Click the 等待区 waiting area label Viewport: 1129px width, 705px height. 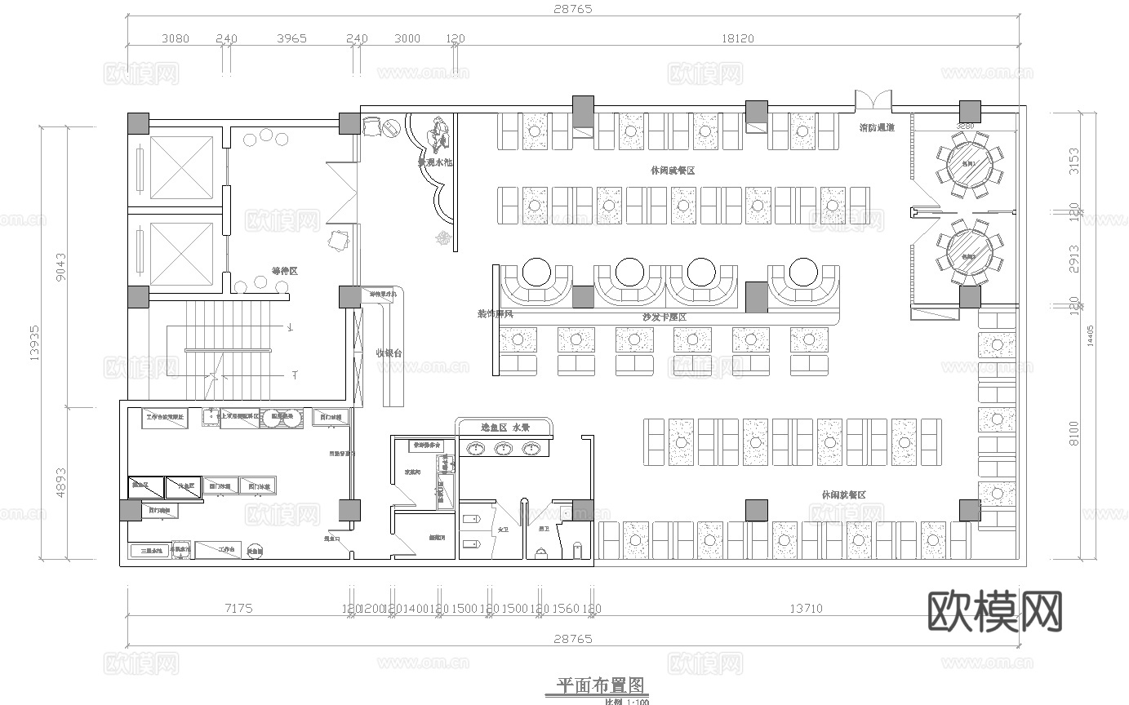(x=284, y=270)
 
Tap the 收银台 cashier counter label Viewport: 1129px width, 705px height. (x=389, y=352)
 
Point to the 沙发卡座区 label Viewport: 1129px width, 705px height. (x=665, y=317)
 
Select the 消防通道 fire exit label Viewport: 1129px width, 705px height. (x=877, y=128)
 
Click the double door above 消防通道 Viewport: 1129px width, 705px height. (x=873, y=101)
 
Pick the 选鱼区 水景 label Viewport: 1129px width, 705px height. (x=505, y=428)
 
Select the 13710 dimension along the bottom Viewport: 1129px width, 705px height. (x=805, y=608)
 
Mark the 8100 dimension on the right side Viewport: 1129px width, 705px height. (x=1074, y=432)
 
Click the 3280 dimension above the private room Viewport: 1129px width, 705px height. (x=965, y=126)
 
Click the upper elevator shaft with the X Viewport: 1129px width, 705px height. (x=181, y=166)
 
